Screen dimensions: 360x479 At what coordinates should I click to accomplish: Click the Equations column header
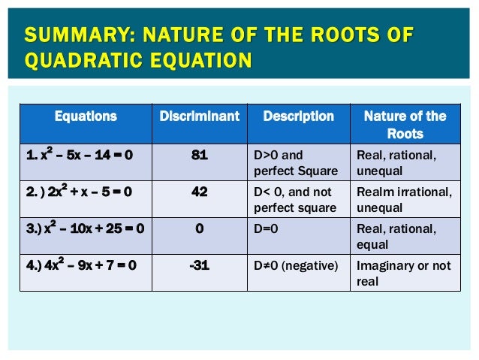point(86,116)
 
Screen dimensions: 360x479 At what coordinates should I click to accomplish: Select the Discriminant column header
point(199,116)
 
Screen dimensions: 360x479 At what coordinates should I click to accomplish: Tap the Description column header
point(298,116)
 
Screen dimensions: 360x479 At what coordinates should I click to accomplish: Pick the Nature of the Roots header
point(405,125)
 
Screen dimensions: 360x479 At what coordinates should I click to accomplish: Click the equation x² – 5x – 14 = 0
point(79,156)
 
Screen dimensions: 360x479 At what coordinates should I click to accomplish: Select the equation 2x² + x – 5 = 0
point(79,192)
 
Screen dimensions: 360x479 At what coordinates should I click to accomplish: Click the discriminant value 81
point(199,156)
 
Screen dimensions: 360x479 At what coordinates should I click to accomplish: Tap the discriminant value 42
point(199,192)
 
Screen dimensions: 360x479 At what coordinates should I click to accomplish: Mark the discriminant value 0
point(199,228)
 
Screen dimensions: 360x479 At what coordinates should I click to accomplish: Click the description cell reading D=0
point(265,228)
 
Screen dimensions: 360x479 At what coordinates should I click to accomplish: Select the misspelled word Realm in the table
point(373,192)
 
